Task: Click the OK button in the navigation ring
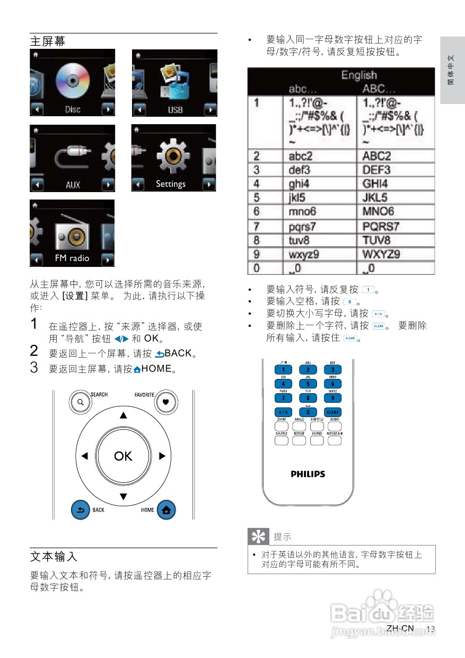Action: (123, 456)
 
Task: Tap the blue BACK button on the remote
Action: (81, 510)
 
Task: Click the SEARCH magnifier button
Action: (80, 402)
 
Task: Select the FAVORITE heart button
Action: (165, 402)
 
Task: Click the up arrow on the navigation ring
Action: (123, 415)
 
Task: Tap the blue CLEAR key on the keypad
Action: (332, 412)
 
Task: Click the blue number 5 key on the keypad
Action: (308, 383)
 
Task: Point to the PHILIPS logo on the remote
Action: (308, 474)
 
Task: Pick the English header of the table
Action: (359, 75)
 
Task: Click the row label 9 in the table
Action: (257, 254)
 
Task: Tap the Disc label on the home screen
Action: (73, 110)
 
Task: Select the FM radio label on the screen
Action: (72, 258)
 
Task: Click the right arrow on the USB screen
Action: (210, 110)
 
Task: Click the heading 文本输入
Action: (54, 557)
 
